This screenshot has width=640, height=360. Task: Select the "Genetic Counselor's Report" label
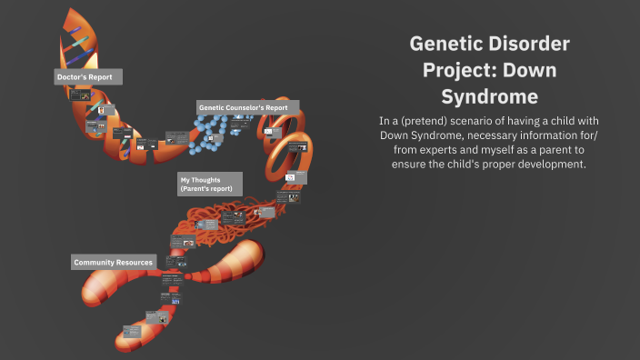click(243, 107)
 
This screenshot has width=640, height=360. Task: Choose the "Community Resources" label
click(113, 262)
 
